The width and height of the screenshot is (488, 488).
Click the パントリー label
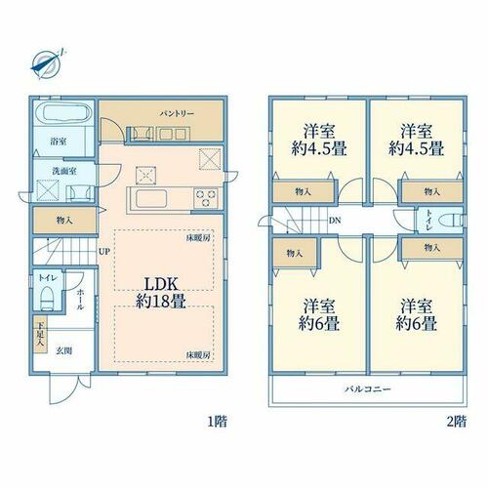click(x=177, y=113)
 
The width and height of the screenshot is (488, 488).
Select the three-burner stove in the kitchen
click(x=206, y=198)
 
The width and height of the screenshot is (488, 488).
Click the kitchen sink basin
click(x=151, y=198)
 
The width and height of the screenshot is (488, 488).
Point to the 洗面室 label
click(x=64, y=171)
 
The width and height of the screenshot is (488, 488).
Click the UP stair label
click(x=104, y=251)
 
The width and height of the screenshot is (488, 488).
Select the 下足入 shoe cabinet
click(x=41, y=335)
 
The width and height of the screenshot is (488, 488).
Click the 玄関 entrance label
click(x=64, y=350)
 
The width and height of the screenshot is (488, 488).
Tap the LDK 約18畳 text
click(x=161, y=293)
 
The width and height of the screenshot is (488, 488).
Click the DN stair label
click(x=335, y=221)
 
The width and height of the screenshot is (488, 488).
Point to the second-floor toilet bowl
click(x=451, y=221)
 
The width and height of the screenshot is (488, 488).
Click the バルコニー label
click(x=368, y=388)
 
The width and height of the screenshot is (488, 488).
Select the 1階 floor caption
click(x=217, y=422)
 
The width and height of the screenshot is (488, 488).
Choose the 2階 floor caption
click(x=457, y=422)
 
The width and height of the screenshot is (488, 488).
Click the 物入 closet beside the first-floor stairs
click(x=64, y=221)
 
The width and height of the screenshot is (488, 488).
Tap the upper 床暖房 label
click(x=197, y=238)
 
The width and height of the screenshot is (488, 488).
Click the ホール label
click(x=80, y=300)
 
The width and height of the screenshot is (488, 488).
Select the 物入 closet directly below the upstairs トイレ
click(x=432, y=248)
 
